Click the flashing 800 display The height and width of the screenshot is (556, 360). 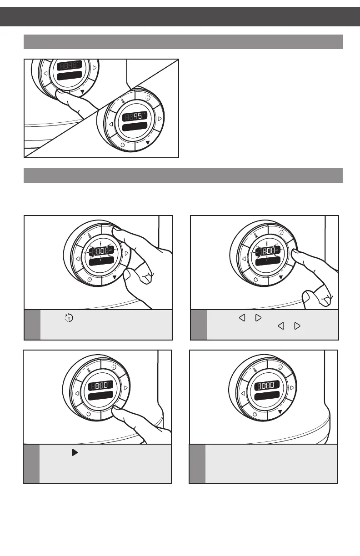click(268, 250)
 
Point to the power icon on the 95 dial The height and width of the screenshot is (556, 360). click(123, 145)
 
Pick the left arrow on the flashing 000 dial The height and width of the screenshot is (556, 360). click(78, 259)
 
